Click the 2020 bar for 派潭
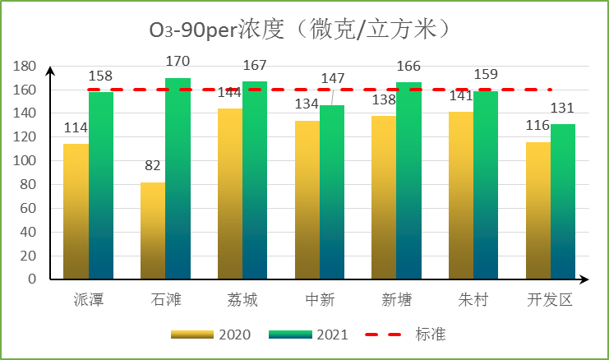[76, 211]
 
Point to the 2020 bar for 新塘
[384, 197]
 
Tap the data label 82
[153, 165]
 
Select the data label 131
[563, 108]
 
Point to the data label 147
[332, 78]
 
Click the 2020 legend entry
[210, 335]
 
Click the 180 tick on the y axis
[27, 67]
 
